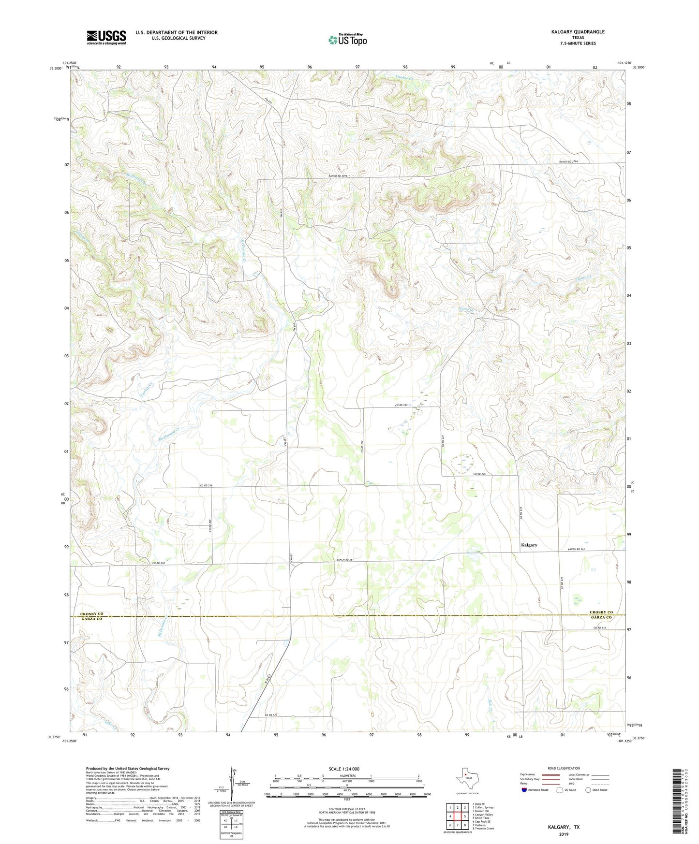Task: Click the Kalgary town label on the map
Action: click(x=529, y=545)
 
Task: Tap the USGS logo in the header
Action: click(x=106, y=37)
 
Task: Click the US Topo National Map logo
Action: click(x=347, y=39)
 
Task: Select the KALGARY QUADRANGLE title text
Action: click(x=578, y=32)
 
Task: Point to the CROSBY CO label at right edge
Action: click(x=601, y=612)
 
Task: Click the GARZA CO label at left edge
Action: click(x=92, y=619)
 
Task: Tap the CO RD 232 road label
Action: click(x=402, y=405)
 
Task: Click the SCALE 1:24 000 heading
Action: click(x=344, y=769)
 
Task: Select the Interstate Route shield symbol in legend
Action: click(x=524, y=790)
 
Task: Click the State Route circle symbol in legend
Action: click(x=588, y=790)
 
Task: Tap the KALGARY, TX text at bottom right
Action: click(x=564, y=827)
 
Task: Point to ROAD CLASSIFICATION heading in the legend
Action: click(x=564, y=768)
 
